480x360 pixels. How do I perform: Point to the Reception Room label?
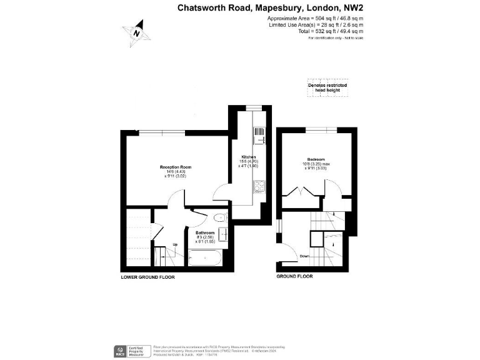point(175,167)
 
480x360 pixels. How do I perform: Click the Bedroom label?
point(317,159)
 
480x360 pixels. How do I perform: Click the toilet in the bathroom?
point(219,218)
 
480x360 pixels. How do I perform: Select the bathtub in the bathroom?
point(204,257)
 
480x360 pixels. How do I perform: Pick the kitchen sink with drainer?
point(258,136)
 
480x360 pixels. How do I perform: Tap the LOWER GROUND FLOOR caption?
point(147,276)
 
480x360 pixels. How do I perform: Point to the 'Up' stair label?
point(175,244)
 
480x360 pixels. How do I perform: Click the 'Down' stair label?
point(304,256)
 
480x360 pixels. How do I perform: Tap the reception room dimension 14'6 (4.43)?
point(175,172)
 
